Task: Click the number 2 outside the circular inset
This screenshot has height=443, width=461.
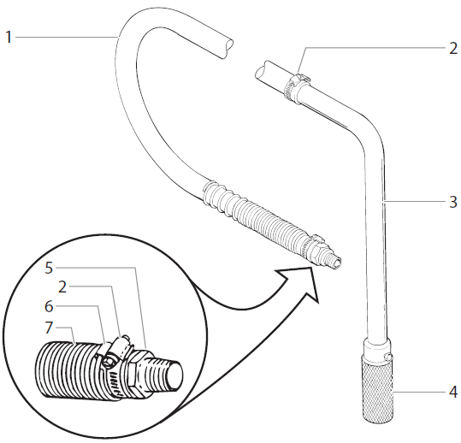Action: pyautogui.click(x=453, y=49)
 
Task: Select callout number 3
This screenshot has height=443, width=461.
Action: pyautogui.click(x=453, y=203)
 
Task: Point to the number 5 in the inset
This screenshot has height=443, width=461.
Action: pyautogui.click(x=50, y=267)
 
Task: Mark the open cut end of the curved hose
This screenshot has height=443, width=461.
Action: pyautogui.click(x=224, y=44)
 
